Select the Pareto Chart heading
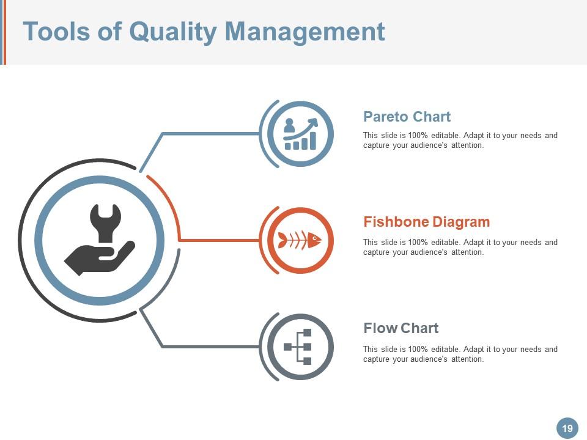(407, 117)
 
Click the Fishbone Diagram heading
(426, 222)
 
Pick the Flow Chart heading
(401, 328)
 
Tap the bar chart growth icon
(300, 134)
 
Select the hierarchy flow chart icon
(299, 346)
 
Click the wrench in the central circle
(106, 223)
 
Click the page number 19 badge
(567, 428)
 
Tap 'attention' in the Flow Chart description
(467, 359)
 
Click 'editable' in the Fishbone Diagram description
(447, 243)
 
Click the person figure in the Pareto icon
(289, 125)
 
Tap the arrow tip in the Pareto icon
(315, 121)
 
